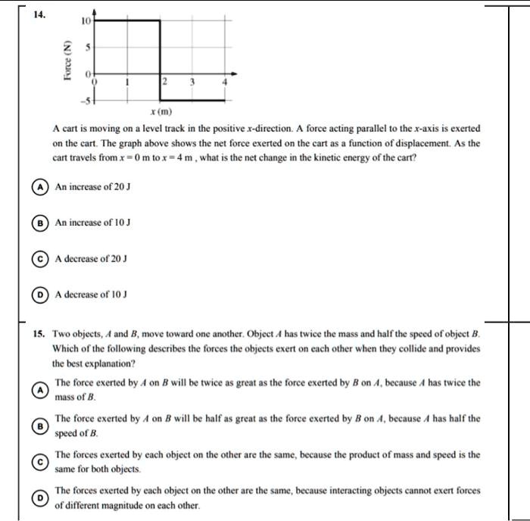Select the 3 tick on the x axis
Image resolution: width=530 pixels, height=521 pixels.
coord(193,82)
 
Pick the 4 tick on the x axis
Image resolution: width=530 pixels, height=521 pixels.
coord(225,82)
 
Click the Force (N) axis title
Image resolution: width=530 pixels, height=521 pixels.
coord(67,60)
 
